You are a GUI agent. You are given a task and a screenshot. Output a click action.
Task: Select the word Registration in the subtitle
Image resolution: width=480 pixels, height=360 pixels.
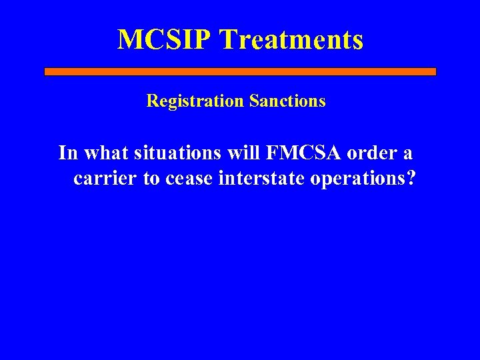click(x=195, y=101)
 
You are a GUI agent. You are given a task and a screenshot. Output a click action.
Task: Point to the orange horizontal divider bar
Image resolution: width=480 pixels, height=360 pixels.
click(x=240, y=71)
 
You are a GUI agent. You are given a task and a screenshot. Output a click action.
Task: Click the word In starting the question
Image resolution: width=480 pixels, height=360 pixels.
click(x=67, y=153)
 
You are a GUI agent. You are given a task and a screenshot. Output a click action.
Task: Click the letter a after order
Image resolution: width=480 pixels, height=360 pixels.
click(x=407, y=154)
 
